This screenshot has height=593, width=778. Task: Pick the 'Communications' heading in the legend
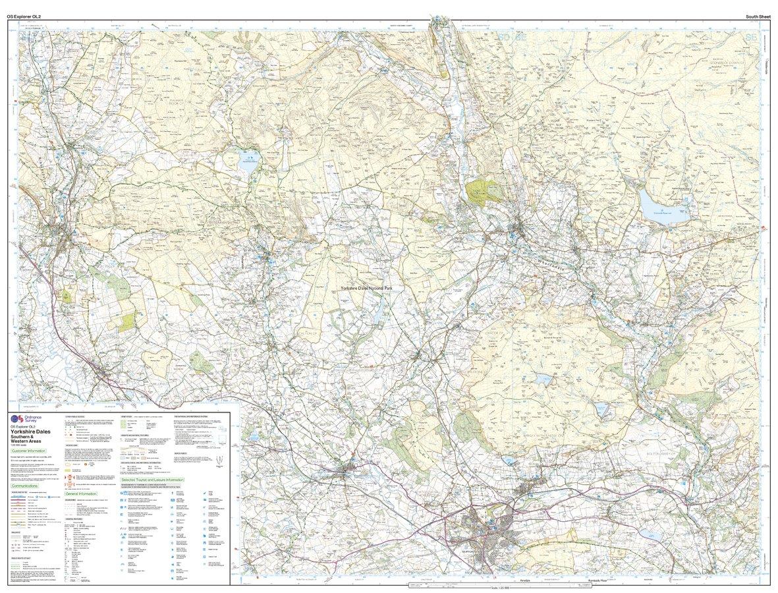tap(29, 486)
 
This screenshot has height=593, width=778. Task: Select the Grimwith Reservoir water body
tap(659, 208)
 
